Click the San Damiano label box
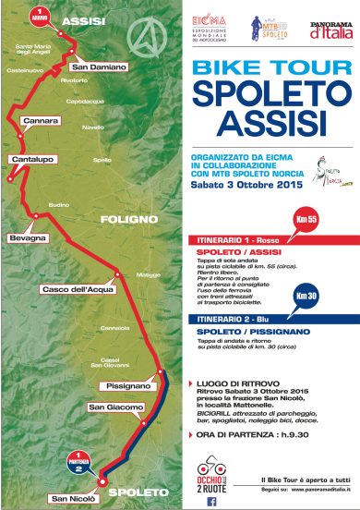pos(92,67)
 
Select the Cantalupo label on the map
pos(30,159)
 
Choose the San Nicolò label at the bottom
pos(73,500)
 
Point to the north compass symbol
pos(143,38)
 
